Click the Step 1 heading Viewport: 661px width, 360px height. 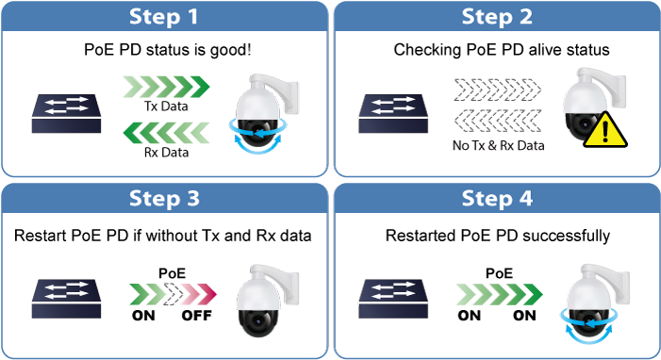pos(163,17)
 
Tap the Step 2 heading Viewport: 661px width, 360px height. pos(497,17)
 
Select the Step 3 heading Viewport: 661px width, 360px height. pos(164,198)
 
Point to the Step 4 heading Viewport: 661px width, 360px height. pos(497,198)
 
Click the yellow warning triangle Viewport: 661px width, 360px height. pos(605,131)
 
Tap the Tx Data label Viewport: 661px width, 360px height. pos(166,106)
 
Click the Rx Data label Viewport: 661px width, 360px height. pos(166,152)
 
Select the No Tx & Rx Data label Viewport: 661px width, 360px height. pos(498,145)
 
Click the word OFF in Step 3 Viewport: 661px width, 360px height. pos(196,316)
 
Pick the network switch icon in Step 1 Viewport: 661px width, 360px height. pos(66,114)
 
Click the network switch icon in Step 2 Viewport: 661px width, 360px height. pos(393,114)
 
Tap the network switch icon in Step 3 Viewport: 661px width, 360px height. pos(66,299)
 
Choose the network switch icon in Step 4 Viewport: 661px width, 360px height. pos(393,299)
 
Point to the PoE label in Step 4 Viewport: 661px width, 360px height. pos(499,273)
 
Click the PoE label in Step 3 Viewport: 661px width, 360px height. pos(172,273)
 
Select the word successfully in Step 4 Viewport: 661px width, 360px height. pos(566,236)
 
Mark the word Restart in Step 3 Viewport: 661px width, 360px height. pos(41,236)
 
